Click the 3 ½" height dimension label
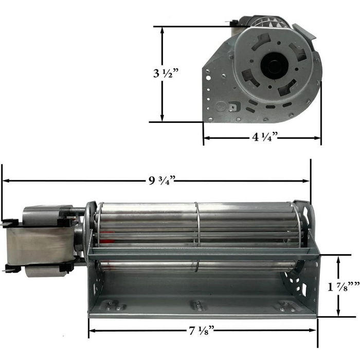(x=165, y=73)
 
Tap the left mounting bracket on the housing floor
(x=115, y=306)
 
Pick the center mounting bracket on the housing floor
(x=199, y=306)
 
